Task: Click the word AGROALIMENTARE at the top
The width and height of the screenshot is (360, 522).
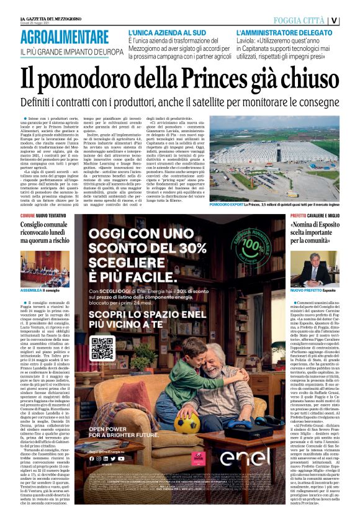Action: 65,37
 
